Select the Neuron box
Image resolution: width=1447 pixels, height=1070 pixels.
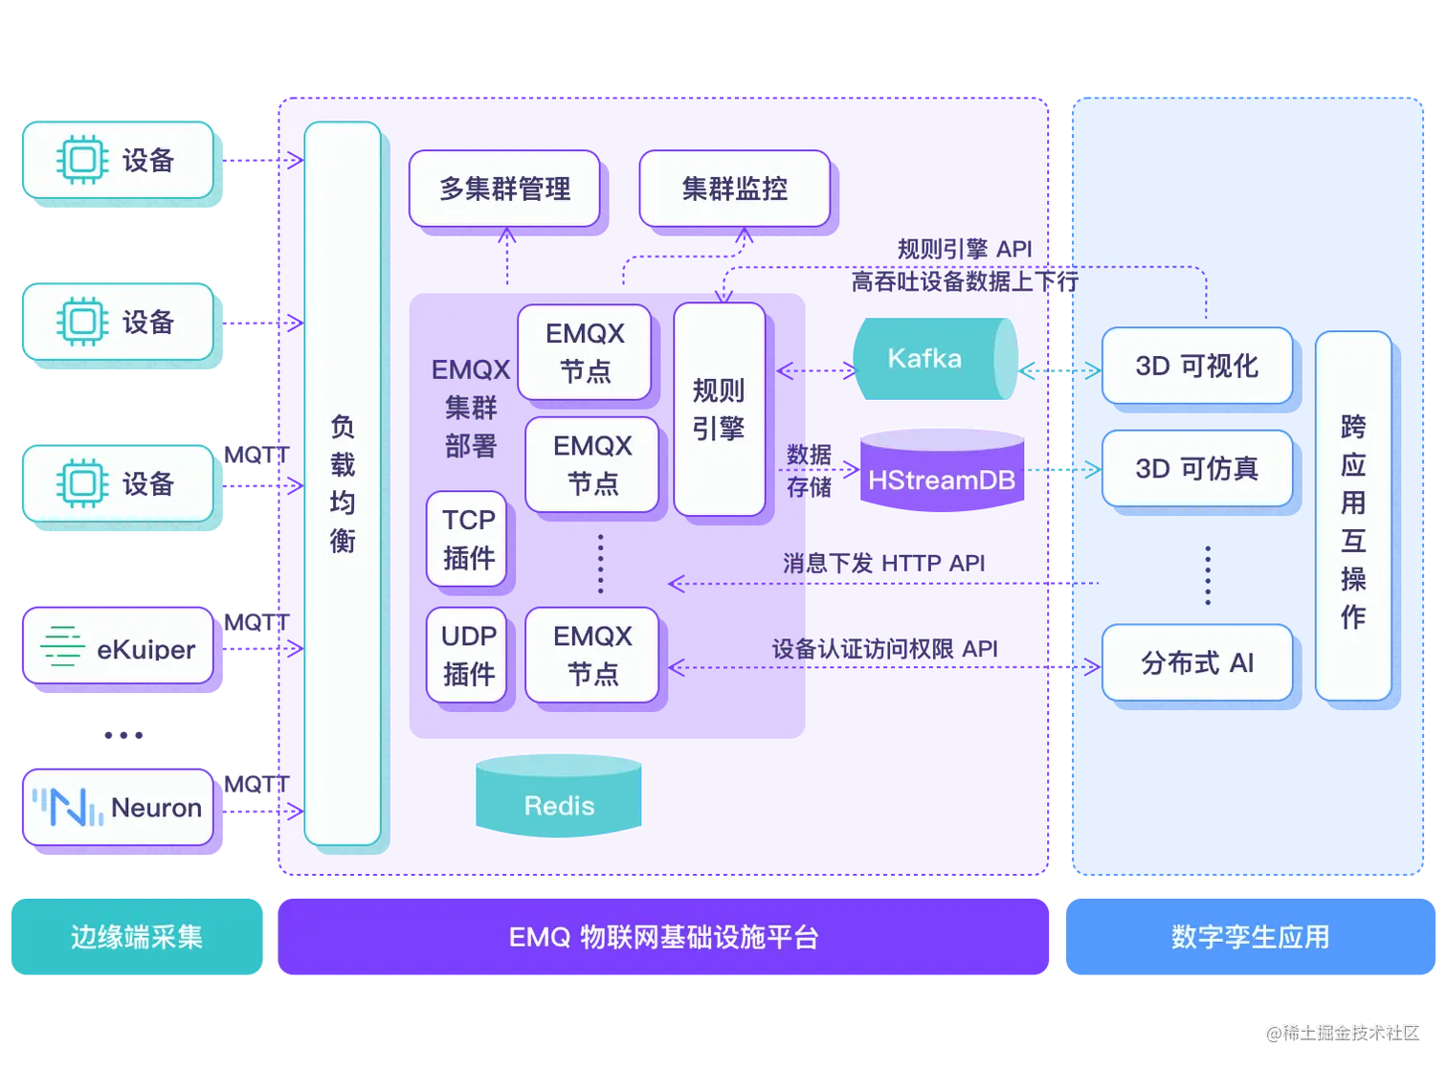(118, 807)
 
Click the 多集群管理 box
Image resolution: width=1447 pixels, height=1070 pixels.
(504, 189)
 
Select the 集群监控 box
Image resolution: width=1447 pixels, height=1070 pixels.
(734, 189)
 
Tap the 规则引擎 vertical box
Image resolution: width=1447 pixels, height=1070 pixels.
(719, 409)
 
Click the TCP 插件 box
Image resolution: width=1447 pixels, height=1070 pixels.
(467, 539)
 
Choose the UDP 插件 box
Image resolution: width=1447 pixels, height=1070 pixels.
(467, 655)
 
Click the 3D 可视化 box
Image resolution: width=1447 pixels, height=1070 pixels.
(1196, 366)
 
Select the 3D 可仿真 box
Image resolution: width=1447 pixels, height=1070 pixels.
(1196, 468)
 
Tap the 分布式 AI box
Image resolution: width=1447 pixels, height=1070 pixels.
(1196, 662)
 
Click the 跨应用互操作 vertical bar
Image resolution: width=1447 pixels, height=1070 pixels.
(1352, 517)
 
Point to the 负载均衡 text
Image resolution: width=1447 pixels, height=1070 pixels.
(342, 483)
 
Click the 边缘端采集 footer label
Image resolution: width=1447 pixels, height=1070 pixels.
(137, 937)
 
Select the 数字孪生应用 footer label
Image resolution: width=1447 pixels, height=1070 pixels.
(1250, 937)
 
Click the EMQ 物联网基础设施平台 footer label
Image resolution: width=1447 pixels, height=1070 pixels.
(664, 937)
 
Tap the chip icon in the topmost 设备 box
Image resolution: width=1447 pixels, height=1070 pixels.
(81, 160)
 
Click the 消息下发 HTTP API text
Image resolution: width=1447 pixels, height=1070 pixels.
(883, 563)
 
